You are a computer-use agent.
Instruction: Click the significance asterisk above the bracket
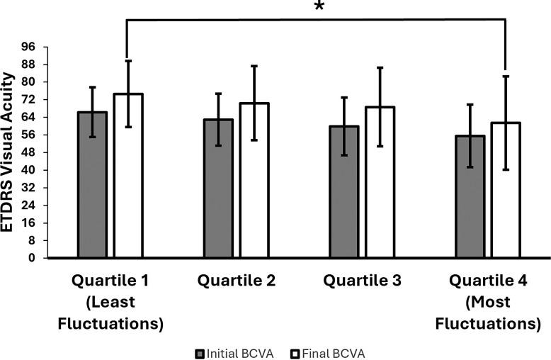(319, 9)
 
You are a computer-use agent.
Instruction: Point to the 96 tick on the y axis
(28, 47)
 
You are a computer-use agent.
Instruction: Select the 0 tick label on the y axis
(32, 258)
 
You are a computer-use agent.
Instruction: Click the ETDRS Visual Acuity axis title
(11, 152)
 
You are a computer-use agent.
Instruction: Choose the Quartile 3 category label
(362, 281)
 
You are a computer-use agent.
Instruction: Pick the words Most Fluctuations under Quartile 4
(488, 313)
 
